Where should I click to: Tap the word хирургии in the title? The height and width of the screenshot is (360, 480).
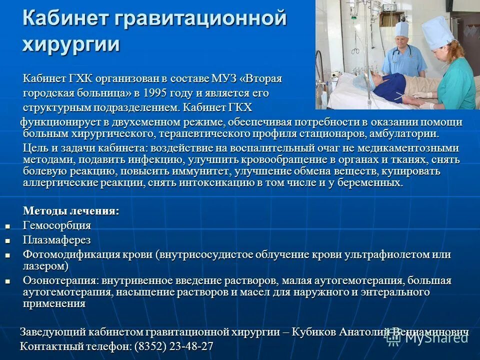point(71,44)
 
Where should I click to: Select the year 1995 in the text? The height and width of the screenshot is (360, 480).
point(156,93)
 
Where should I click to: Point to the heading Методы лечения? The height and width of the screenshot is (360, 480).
point(71,211)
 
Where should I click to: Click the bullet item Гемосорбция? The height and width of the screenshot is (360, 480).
point(57,225)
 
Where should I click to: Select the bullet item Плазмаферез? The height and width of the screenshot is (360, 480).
point(56,240)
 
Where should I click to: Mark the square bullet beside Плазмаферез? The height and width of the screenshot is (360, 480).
point(7,240)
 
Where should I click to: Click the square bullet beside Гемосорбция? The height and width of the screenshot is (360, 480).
point(7,226)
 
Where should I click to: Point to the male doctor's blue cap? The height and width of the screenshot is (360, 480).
point(401,28)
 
